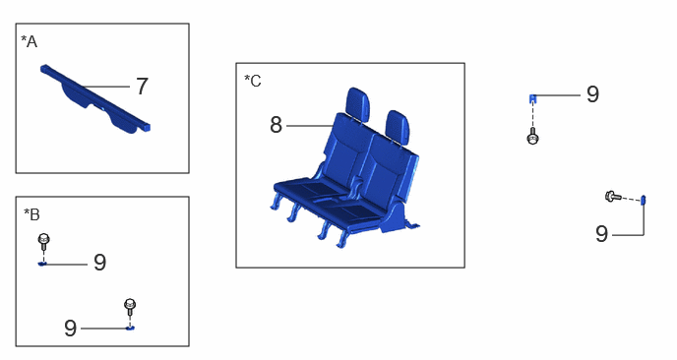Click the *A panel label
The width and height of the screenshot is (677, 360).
point(29,41)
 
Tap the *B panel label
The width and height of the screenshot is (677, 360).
point(31,214)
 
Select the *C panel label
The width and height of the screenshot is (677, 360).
point(253,81)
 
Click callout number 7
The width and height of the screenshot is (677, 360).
point(142,87)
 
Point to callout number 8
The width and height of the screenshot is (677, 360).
point(276,125)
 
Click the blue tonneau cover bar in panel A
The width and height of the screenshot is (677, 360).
point(95,99)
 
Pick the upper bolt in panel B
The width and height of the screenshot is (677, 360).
point(44,241)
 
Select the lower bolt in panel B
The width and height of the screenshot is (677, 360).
point(130,307)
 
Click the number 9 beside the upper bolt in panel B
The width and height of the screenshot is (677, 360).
point(99,262)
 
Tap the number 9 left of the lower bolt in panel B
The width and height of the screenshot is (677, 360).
point(71,329)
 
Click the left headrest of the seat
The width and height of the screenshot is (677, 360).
point(358,103)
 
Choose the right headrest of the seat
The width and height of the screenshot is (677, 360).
point(397,126)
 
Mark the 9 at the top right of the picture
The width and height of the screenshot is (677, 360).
point(592,94)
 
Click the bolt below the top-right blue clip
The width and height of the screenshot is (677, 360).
point(533,136)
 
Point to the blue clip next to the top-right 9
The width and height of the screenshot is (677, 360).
point(532,98)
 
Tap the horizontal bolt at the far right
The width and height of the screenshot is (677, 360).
point(613,197)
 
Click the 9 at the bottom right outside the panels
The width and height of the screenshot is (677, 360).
point(601,234)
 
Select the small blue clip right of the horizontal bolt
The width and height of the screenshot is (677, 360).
point(643,200)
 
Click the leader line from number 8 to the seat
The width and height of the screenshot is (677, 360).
point(310,126)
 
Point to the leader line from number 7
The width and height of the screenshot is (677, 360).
point(106,87)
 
